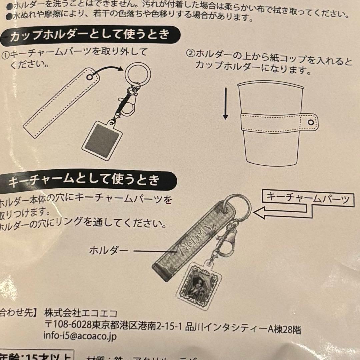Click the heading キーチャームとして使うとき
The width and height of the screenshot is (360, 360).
click(83, 181)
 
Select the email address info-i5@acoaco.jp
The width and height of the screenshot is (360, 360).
click(80, 336)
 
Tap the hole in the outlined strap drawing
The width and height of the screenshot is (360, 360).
click(89, 78)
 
